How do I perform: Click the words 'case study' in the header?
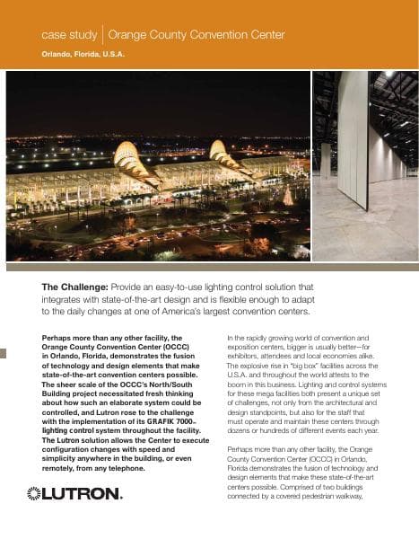click(71, 35)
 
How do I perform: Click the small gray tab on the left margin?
click(3, 354)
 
